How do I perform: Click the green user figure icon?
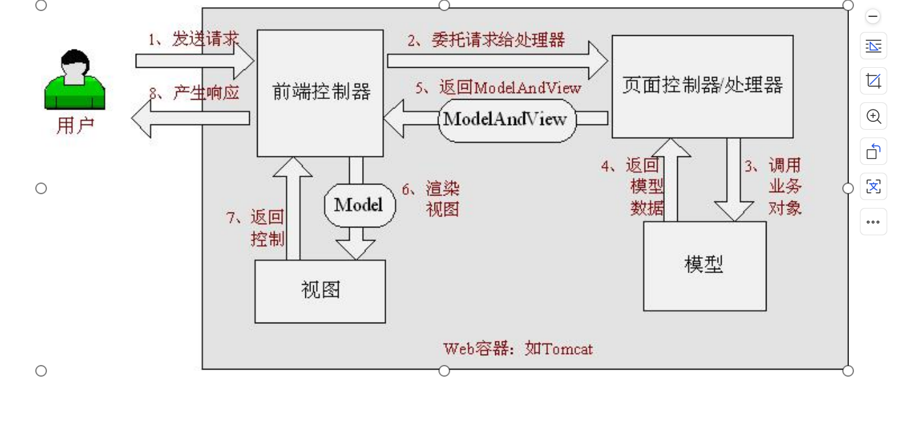point(74,80)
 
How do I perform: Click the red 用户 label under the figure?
point(75,124)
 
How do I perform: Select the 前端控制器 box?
point(320,93)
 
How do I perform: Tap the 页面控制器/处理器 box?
point(702,86)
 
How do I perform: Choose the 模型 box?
point(704,265)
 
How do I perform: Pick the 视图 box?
point(320,291)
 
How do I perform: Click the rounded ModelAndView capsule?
point(506,120)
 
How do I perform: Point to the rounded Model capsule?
point(359,205)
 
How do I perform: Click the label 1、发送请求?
point(193,39)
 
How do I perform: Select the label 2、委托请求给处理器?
point(486,40)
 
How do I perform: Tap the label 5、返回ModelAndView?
point(498,87)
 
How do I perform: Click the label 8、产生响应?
point(194,93)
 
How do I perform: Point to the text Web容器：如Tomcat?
point(518,349)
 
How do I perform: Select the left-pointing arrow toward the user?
point(189,118)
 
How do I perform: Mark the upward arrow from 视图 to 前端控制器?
point(293,209)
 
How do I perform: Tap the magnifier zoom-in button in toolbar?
point(874,117)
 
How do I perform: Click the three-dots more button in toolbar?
point(874,222)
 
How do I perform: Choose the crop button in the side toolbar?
point(874,81)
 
